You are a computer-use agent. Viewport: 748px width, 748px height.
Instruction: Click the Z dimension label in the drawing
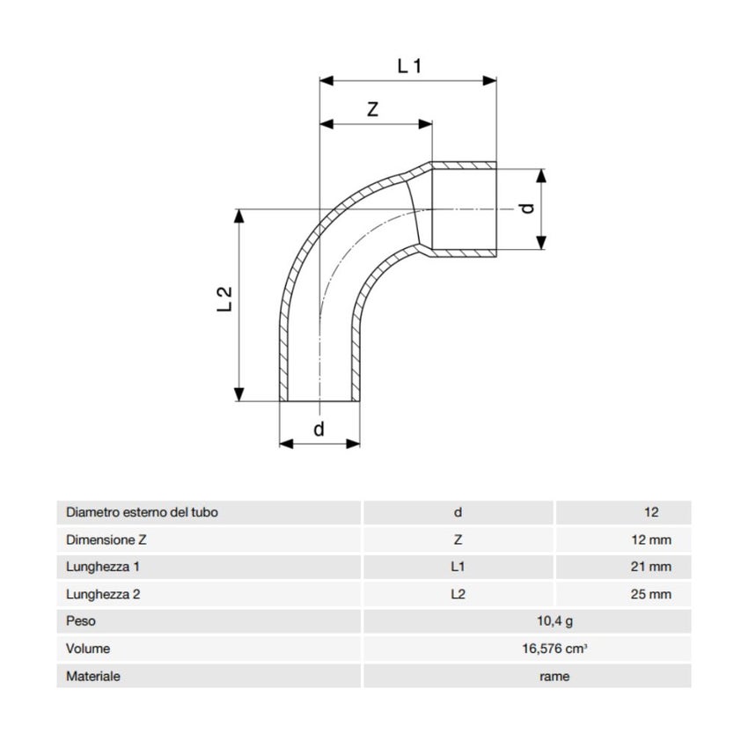click(x=373, y=109)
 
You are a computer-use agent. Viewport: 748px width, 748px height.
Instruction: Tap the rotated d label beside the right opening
click(x=527, y=209)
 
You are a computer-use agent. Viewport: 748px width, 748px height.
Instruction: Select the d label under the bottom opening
click(x=319, y=429)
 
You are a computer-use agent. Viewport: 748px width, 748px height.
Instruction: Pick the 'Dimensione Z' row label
click(x=103, y=539)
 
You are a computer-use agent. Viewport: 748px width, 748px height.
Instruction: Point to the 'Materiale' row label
click(x=93, y=676)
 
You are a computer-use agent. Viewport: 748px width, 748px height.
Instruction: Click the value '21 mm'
click(x=651, y=567)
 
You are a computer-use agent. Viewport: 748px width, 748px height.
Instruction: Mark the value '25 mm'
click(x=651, y=594)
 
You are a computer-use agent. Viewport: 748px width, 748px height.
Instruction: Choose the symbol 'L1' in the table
click(x=458, y=567)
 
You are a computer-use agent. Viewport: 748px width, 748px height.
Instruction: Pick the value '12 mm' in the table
click(x=651, y=539)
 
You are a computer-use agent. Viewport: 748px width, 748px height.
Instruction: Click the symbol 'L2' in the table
click(x=458, y=594)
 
